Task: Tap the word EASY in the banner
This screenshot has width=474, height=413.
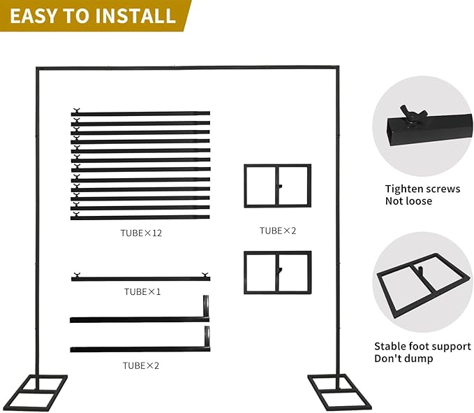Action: [33, 16]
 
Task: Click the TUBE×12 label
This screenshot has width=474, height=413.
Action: [141, 233]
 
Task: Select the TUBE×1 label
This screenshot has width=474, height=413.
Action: [142, 291]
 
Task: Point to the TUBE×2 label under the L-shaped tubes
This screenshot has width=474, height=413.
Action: [141, 365]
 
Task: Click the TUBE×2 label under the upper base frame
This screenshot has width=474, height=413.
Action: [278, 231]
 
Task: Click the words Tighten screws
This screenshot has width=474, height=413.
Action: [422, 189]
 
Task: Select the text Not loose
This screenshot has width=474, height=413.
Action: [408, 201]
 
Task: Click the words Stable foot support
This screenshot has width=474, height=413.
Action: [422, 346]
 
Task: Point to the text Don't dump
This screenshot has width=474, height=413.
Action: [403, 358]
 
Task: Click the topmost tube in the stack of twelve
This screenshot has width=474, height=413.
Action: [140, 113]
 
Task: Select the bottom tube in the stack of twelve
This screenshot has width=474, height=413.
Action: [140, 217]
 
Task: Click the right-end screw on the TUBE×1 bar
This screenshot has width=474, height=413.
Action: [205, 275]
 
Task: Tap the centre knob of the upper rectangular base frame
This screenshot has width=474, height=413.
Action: [280, 187]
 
